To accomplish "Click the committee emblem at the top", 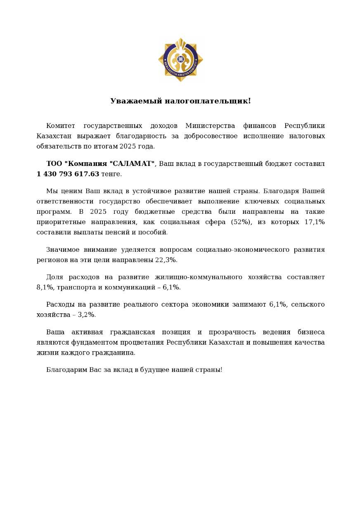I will (x=180, y=59).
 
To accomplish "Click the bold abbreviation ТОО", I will (x=54, y=164).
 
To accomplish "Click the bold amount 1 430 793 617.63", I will (x=68, y=174).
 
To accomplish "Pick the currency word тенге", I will (x=111, y=174).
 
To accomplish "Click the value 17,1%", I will (x=315, y=222).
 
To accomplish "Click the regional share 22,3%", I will (x=166, y=260).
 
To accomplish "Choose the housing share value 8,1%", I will (x=45, y=287).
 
